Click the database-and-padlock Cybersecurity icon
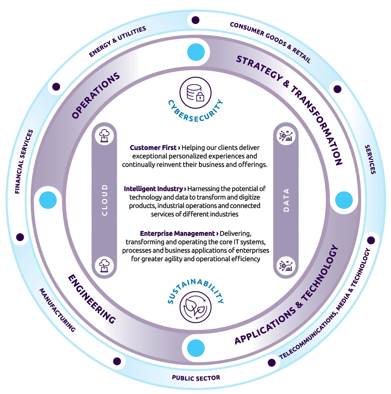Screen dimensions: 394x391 click(x=195, y=93)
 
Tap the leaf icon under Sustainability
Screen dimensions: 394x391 click(x=195, y=307)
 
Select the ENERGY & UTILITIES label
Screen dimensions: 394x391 click(x=117, y=41)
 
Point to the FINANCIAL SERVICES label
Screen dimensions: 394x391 click(x=24, y=162)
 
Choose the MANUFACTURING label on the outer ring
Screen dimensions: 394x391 click(x=57, y=310)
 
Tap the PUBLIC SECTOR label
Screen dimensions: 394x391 click(x=196, y=378)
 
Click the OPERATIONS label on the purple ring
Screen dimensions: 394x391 click(x=96, y=95)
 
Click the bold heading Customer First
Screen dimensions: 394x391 click(x=153, y=148)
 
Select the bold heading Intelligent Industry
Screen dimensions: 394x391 click(x=153, y=189)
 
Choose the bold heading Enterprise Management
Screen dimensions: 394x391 click(x=177, y=233)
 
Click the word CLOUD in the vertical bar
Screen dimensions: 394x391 click(x=105, y=200)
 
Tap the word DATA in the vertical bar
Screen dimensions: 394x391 click(x=286, y=200)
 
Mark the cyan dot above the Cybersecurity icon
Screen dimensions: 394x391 click(x=196, y=52)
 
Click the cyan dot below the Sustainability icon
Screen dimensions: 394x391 click(x=196, y=348)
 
